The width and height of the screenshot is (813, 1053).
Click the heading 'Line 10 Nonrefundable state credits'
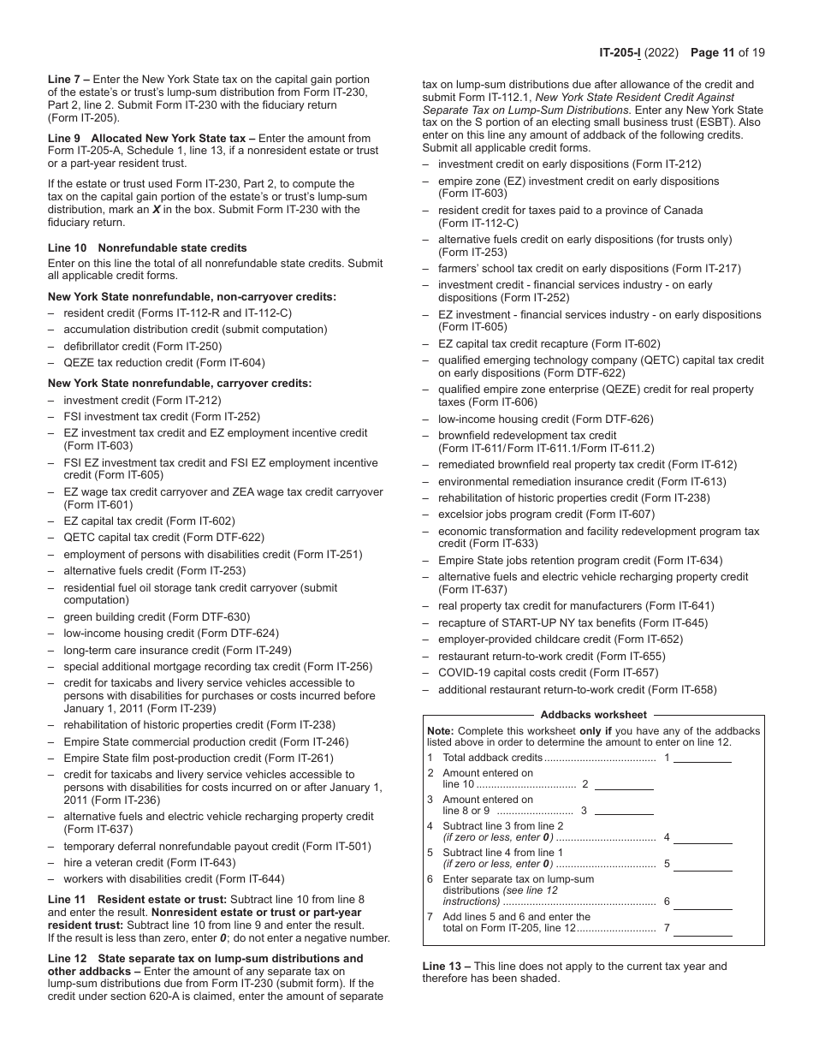point(147,247)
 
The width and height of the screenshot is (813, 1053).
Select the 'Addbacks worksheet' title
point(593,715)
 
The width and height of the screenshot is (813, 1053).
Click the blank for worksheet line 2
point(624,784)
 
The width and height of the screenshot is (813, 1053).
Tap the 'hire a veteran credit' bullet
point(149,862)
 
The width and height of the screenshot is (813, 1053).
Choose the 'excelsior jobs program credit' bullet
point(546,515)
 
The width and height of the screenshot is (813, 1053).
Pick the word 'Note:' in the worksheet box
point(440,731)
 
